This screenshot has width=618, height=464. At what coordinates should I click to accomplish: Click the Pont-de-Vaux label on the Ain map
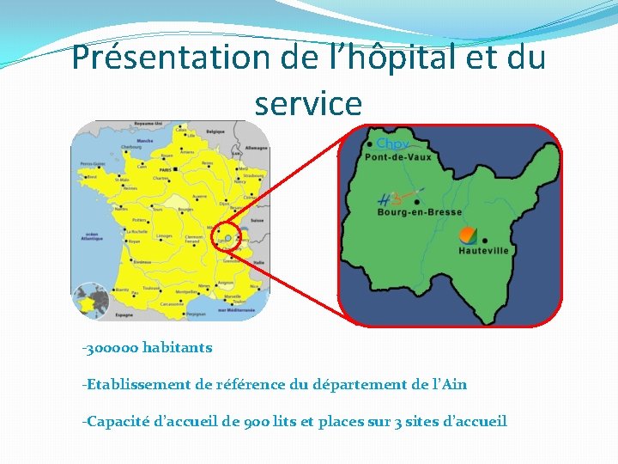pyautogui.click(x=398, y=157)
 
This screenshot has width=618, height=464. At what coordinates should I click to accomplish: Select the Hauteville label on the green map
pyautogui.click(x=483, y=251)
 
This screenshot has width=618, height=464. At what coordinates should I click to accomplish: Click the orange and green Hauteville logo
pyautogui.click(x=468, y=234)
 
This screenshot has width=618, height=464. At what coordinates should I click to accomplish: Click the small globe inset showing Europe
pyautogui.click(x=89, y=301)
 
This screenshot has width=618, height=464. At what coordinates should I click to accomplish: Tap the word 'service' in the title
pyautogui.click(x=308, y=104)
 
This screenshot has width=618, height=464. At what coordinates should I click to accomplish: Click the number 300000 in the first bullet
pyautogui.click(x=112, y=348)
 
